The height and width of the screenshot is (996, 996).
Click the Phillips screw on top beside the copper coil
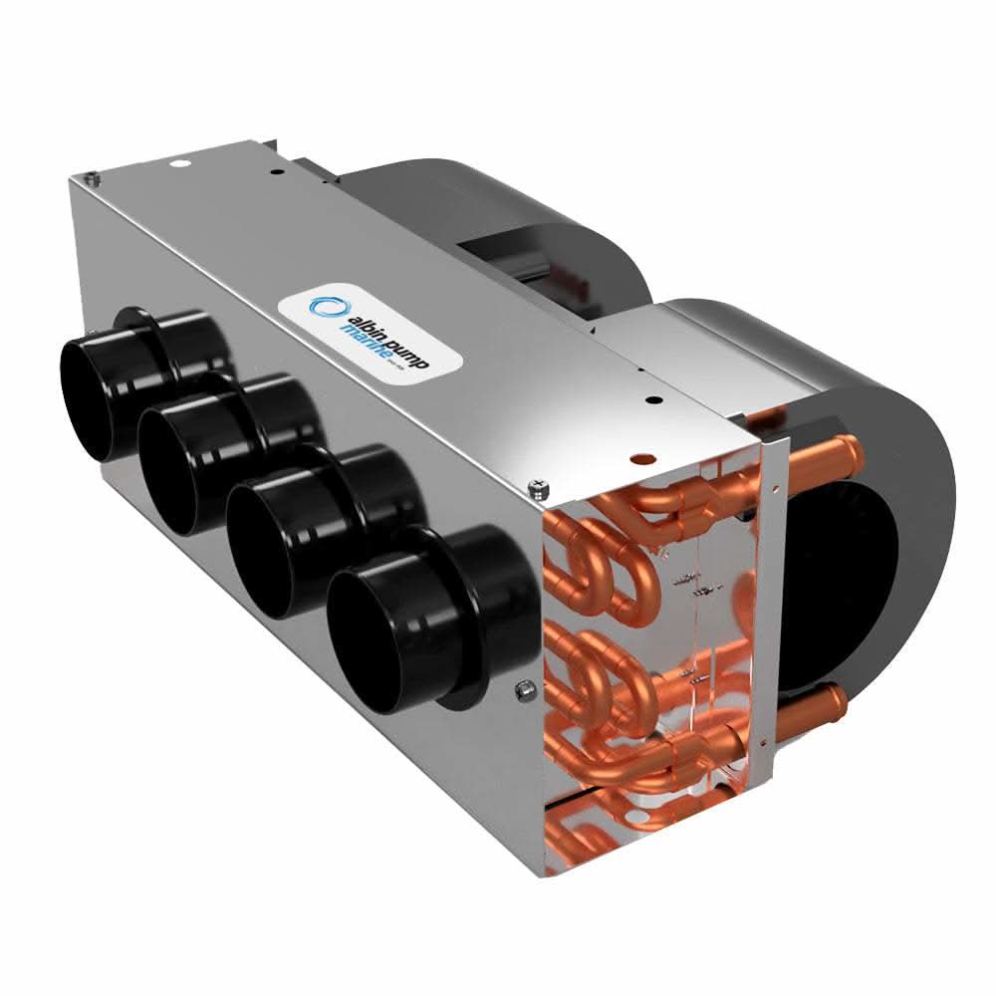click(538, 485)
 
